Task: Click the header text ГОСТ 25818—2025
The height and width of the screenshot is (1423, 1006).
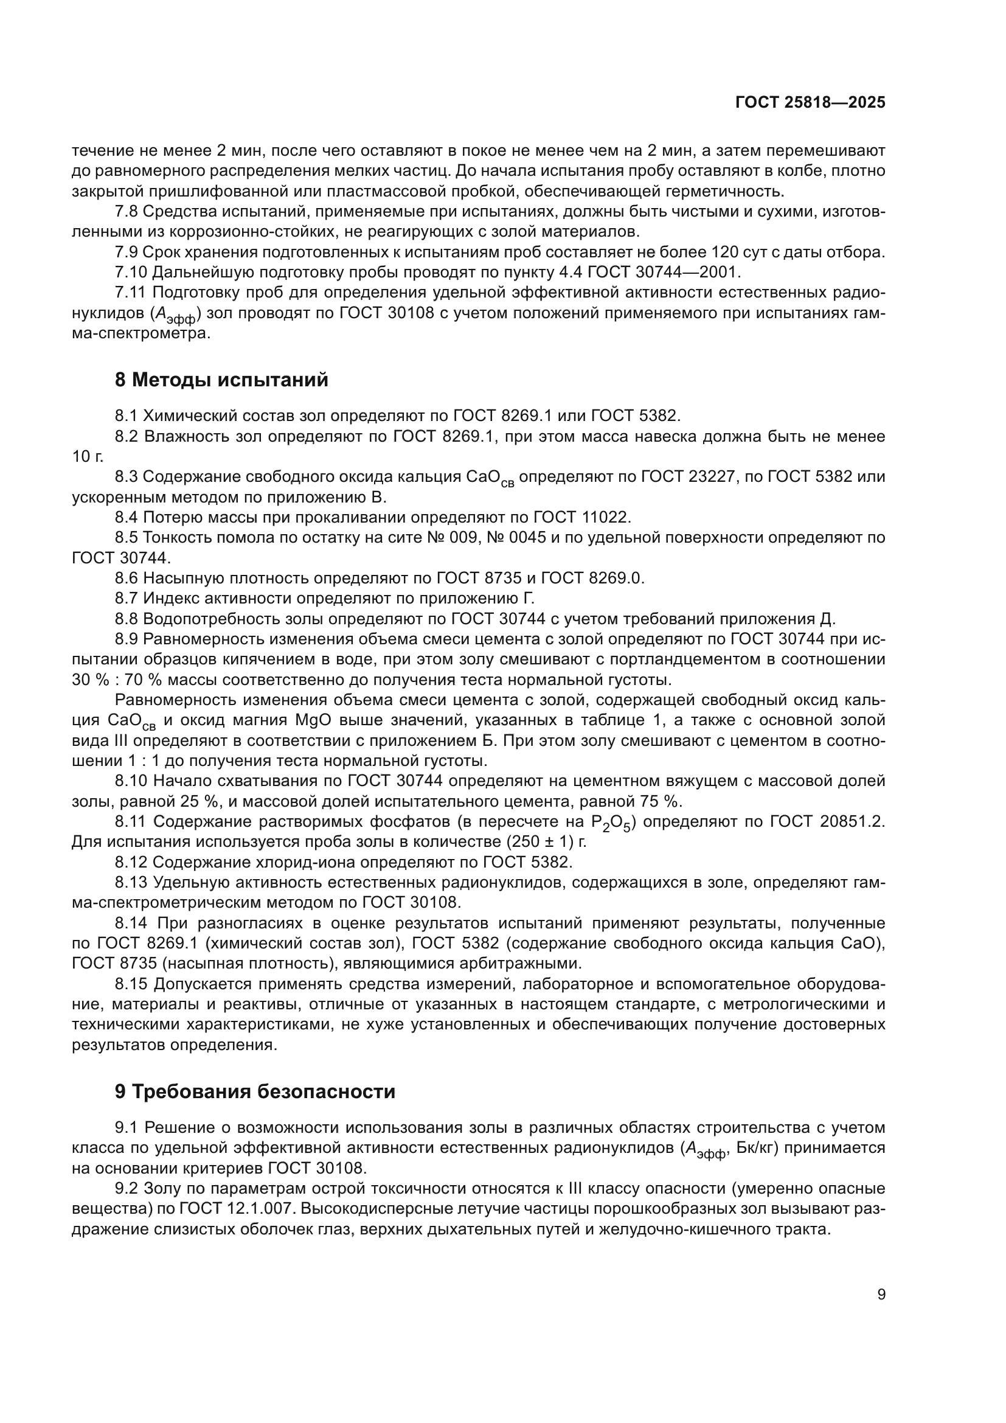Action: [x=810, y=103]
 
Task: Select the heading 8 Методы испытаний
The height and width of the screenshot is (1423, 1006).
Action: [x=221, y=379]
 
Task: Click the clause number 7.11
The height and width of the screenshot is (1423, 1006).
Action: [x=130, y=293]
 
